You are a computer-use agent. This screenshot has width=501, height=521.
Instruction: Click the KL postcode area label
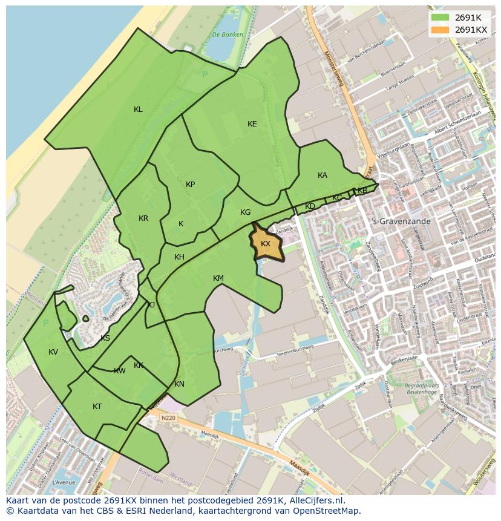click(138, 110)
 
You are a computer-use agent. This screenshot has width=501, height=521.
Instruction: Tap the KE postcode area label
click(252, 124)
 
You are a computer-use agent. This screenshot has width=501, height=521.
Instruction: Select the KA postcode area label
click(323, 175)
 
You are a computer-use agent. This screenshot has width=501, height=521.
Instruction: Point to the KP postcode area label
click(191, 185)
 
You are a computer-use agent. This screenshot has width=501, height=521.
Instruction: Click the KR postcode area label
click(143, 218)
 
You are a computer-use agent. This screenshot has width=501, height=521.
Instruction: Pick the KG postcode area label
click(245, 212)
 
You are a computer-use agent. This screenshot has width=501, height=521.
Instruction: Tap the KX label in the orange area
click(266, 244)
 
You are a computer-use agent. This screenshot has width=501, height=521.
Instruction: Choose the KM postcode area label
click(218, 278)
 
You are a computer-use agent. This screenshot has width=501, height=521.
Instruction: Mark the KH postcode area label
click(179, 257)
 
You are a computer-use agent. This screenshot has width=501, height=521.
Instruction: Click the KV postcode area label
click(53, 352)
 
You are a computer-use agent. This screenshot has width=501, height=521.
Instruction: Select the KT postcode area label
click(97, 407)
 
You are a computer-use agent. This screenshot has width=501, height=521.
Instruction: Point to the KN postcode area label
click(179, 384)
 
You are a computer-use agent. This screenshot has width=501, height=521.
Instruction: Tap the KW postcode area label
click(120, 371)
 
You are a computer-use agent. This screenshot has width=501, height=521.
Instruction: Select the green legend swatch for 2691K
click(440, 18)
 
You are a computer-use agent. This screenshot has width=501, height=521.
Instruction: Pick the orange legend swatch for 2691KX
click(440, 30)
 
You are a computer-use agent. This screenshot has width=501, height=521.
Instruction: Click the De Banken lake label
click(228, 35)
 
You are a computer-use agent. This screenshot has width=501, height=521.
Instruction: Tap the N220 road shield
click(168, 418)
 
